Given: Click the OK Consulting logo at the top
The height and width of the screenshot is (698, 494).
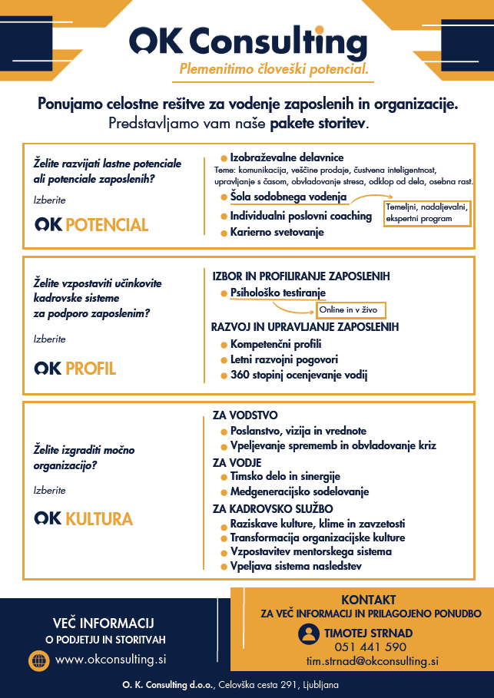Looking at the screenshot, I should (x=246, y=41).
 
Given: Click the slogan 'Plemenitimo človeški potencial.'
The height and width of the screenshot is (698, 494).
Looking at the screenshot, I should (x=274, y=70).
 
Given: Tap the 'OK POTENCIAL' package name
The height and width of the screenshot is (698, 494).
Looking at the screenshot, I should (x=91, y=224).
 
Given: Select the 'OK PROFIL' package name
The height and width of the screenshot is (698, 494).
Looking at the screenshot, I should (x=75, y=369).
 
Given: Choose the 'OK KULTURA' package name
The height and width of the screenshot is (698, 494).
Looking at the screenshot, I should (x=84, y=518).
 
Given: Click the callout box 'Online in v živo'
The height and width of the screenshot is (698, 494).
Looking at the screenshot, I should (x=350, y=310).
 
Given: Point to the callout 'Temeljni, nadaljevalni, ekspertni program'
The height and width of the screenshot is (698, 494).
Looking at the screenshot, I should (x=426, y=213).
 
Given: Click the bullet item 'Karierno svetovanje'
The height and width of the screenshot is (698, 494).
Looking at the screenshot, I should (x=277, y=232).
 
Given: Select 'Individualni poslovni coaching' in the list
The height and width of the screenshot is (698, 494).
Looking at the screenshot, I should (x=300, y=216).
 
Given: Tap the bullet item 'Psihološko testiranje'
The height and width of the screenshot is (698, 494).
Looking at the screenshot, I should (x=277, y=293).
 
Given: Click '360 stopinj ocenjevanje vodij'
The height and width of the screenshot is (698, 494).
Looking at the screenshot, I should (x=299, y=375).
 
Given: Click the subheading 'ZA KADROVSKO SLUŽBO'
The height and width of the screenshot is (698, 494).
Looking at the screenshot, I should (x=273, y=508).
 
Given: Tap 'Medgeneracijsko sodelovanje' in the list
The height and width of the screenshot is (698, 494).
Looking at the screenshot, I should (x=299, y=491).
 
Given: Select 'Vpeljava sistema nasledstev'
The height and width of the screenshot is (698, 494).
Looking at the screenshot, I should (x=296, y=567).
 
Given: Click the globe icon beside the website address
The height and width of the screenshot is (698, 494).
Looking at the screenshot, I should (x=38, y=660).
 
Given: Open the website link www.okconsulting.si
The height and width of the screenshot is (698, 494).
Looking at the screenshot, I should (x=111, y=660).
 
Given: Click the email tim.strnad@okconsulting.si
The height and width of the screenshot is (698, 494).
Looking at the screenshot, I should (x=373, y=661).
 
